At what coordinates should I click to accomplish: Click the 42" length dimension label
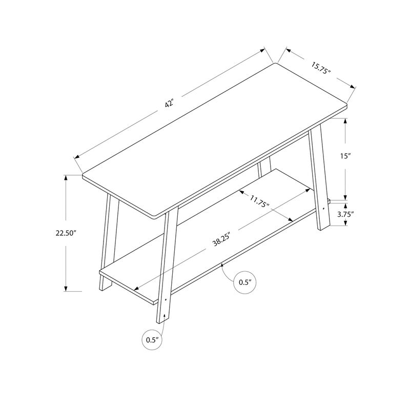coord(170,104)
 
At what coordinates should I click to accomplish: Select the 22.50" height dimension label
coord(66,233)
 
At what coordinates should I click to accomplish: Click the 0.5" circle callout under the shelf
coord(244,282)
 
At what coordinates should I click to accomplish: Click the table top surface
coord(215,138)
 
